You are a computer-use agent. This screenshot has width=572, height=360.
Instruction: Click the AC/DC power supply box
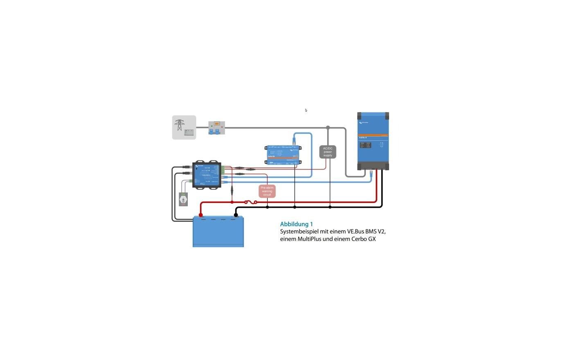[328, 152]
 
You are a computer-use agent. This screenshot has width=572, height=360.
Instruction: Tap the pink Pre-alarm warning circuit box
[267, 191]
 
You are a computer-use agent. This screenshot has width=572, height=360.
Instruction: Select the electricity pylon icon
[179, 125]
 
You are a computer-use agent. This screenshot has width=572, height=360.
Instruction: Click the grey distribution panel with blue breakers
[216, 128]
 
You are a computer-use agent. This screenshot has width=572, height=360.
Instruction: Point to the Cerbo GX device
[283, 155]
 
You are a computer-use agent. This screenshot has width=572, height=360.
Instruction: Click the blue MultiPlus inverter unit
[373, 141]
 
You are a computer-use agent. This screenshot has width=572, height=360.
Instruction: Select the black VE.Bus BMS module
[207, 174]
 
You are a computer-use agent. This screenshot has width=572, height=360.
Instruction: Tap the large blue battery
[218, 232]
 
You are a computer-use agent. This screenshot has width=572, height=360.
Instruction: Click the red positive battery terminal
[200, 215]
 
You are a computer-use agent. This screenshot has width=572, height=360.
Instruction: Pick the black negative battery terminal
[236, 215]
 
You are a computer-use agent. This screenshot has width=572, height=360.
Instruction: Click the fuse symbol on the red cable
[250, 202]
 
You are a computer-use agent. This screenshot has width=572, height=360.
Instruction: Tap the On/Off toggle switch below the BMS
[183, 199]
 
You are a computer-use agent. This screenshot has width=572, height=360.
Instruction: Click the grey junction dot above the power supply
[328, 128]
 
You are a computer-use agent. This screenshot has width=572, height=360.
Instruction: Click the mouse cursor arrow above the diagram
[306, 110]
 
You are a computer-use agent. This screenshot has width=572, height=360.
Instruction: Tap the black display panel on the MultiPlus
[366, 145]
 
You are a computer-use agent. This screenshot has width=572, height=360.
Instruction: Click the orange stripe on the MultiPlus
[373, 135]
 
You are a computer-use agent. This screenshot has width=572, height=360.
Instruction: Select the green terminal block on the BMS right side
[223, 169]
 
